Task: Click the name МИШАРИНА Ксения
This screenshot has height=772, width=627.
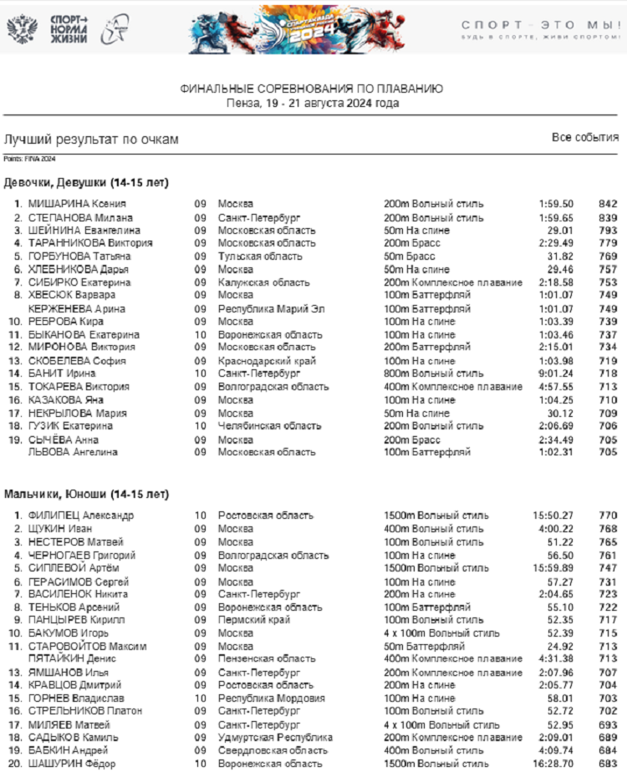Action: pyautogui.click(x=77, y=204)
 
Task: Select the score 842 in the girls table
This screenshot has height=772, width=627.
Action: pyautogui.click(x=608, y=204)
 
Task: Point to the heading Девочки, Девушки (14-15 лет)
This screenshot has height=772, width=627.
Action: pyautogui.click(x=85, y=182)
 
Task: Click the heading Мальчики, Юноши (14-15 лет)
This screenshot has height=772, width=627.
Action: pyautogui.click(x=86, y=493)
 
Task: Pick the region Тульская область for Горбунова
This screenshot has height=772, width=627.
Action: pyautogui.click(x=260, y=256)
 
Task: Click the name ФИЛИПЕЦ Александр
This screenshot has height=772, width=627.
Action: pyautogui.click(x=81, y=516)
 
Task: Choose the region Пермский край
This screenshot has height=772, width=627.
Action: pyautogui.click(x=254, y=620)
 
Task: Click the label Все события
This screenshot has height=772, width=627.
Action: pyautogui.click(x=585, y=138)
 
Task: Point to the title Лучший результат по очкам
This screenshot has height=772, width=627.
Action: pyautogui.click(x=91, y=140)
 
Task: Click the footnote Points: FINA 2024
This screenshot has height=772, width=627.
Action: pyautogui.click(x=29, y=159)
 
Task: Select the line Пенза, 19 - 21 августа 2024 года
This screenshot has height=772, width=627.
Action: pyautogui.click(x=312, y=104)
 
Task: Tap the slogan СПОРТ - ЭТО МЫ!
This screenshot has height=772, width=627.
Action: pyautogui.click(x=540, y=25)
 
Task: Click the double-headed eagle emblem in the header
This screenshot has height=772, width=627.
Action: pyautogui.click(x=21, y=29)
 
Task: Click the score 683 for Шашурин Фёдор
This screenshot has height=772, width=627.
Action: pyautogui.click(x=608, y=764)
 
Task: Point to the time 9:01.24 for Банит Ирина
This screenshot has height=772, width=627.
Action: pyautogui.click(x=556, y=373)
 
